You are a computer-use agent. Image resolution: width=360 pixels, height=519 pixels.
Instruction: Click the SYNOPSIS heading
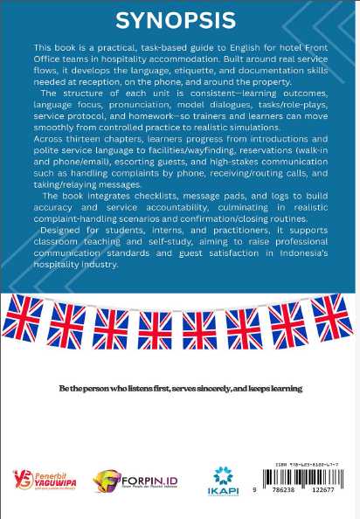(x=179, y=20)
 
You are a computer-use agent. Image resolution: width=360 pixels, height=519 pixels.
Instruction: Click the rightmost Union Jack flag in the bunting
(x=332, y=315)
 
